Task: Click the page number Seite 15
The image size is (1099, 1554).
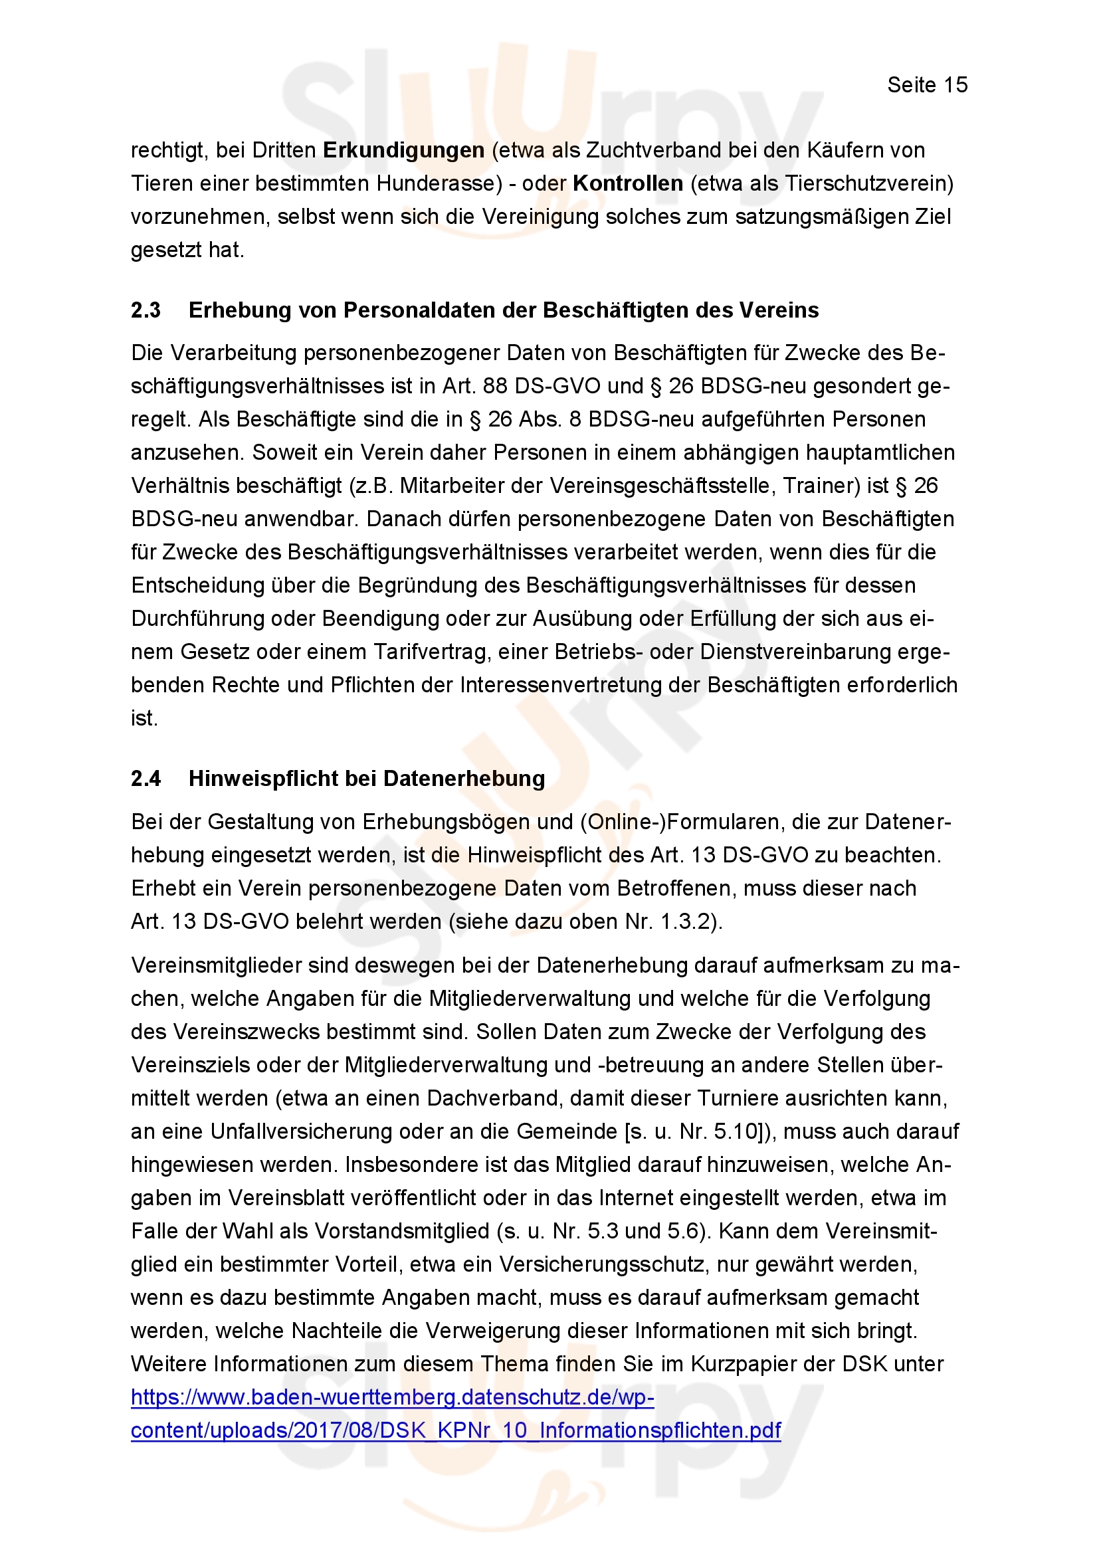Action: (926, 85)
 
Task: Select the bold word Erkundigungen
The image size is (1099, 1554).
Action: (403, 150)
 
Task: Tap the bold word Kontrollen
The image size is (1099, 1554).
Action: (627, 183)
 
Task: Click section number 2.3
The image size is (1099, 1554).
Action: (146, 310)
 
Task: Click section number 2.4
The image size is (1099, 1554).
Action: (146, 779)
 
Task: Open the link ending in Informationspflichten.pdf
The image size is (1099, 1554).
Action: (455, 1430)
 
